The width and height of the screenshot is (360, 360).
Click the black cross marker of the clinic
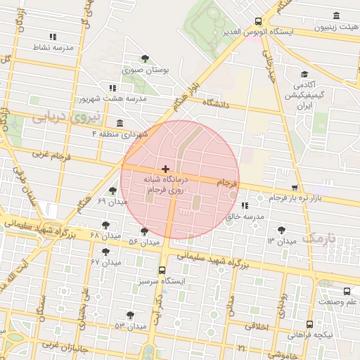coord(165,169)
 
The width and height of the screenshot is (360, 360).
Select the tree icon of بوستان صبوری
coord(145,58)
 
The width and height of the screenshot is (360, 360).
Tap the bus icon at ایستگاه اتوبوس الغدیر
coord(259,21)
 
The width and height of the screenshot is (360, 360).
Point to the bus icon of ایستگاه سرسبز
coord(162,270)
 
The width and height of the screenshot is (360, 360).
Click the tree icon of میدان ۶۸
coord(105,225)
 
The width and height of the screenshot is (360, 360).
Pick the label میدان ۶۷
coord(105,262)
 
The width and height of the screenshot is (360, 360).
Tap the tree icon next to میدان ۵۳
coord(130,315)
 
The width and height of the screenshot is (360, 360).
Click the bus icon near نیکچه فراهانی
coord(309,324)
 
